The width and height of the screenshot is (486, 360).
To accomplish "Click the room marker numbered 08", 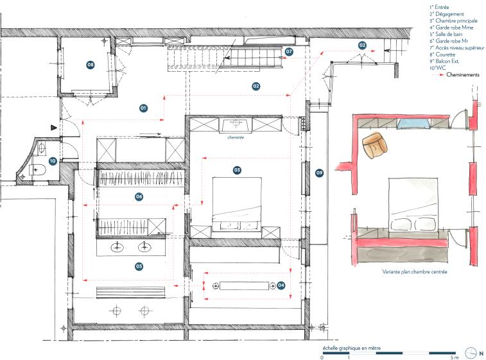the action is pos(90,65).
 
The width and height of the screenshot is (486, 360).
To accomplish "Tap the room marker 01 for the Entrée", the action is pos(143,108).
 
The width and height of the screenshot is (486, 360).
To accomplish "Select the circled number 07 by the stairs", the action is pos(289,51).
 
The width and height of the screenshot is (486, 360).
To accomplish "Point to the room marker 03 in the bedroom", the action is pos(237,170).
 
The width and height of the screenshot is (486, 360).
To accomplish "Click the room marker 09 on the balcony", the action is pos(319,173).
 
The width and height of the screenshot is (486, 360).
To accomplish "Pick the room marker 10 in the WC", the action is pos(53,161).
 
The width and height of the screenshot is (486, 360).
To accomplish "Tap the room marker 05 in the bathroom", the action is pos(139,266).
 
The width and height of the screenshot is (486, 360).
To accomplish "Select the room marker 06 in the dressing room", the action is pos(139,196).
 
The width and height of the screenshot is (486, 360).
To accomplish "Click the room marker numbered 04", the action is pos(281,286).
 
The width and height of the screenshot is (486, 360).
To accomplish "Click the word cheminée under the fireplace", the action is pos(236,137).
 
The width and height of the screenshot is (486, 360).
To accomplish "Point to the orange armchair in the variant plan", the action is pos(375,145).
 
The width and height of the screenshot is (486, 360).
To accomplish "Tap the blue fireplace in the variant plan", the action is pos(413,124).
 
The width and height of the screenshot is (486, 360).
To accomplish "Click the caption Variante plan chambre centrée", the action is pos(414,271).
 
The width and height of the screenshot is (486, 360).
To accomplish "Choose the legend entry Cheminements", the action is pos(463,74).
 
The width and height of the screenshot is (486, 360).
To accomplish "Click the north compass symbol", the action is pos(471,353).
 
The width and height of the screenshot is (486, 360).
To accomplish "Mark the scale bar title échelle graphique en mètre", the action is pos(351,348).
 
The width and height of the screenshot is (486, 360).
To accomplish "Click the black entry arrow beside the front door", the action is pos(54,127).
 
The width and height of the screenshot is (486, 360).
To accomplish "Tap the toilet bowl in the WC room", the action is pos(37,170).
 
